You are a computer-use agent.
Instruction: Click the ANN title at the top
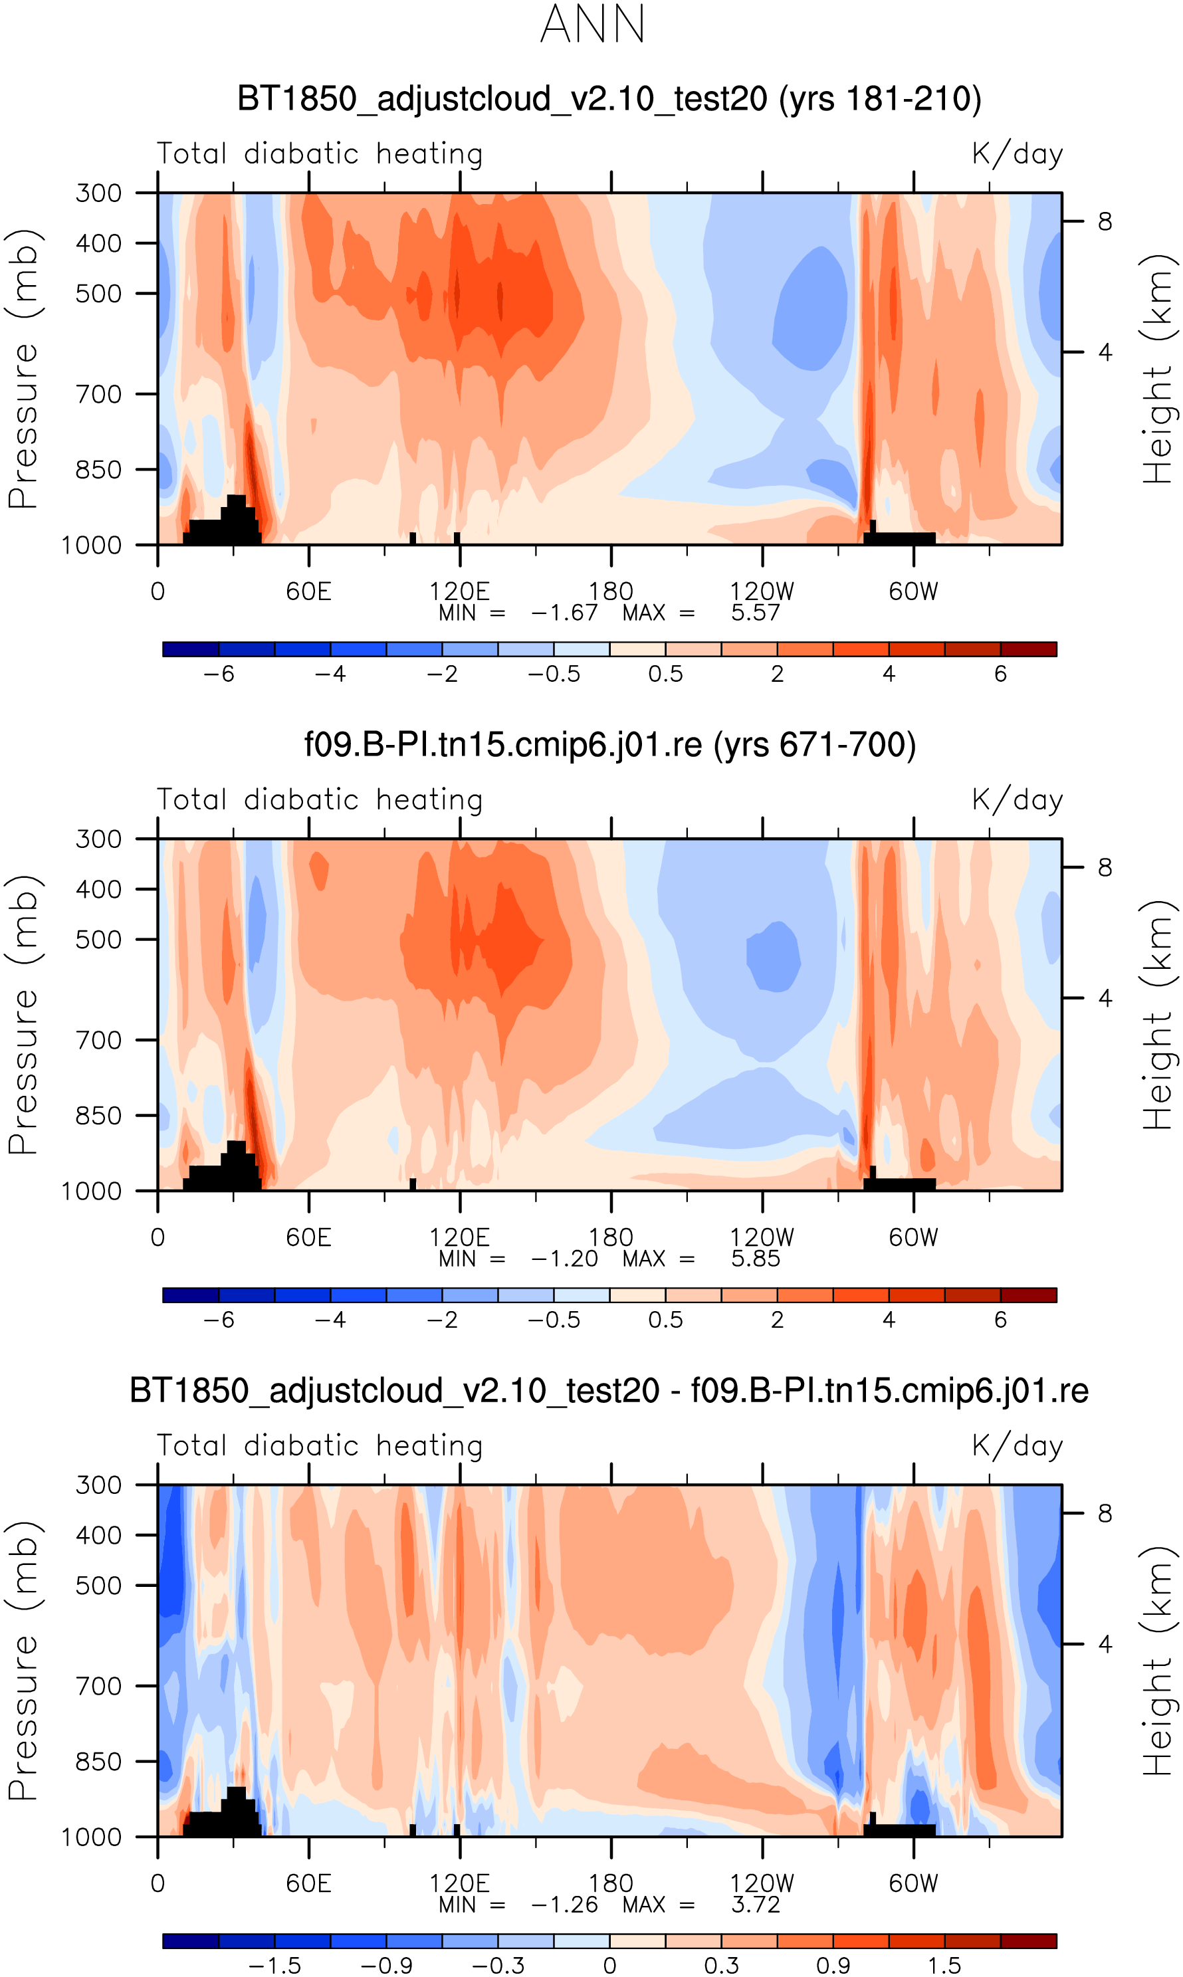point(592,25)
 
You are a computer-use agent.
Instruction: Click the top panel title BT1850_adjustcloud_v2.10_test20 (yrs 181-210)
point(609,99)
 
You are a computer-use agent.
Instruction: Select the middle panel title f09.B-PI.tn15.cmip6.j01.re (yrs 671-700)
point(610,744)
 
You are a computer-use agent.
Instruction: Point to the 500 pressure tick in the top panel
point(99,293)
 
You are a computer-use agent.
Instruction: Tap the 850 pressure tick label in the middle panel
point(99,1116)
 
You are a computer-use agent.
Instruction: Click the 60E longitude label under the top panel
point(308,592)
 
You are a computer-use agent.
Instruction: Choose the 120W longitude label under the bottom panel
point(762,1884)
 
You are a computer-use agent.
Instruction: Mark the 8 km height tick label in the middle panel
point(1105,867)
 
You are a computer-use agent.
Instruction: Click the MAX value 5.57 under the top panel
point(755,613)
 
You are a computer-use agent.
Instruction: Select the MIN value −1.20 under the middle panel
point(564,1259)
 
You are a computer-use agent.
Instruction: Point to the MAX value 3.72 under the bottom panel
point(755,1905)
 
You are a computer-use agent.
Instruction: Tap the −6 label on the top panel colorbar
point(219,674)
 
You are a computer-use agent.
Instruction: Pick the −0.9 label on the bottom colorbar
point(386,1966)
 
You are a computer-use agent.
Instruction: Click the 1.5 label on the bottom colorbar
point(944,1966)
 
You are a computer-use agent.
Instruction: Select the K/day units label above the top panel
point(1018,154)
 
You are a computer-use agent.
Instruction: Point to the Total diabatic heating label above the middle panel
point(320,800)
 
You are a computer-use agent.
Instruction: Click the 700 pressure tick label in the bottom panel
point(99,1686)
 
